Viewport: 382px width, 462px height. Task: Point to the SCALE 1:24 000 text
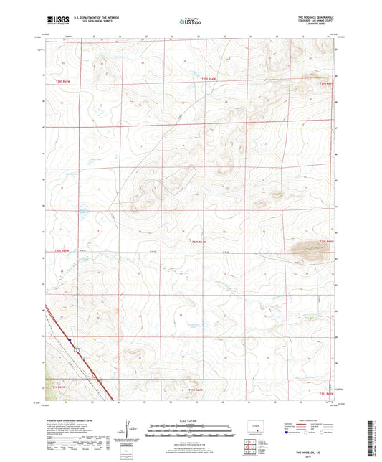click(x=191, y=420)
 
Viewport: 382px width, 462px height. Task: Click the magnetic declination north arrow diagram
click(x=129, y=430)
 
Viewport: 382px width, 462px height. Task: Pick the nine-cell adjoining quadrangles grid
click(x=250, y=449)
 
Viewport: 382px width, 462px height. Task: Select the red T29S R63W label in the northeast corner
click(x=326, y=84)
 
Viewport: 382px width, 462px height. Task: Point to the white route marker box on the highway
click(x=76, y=349)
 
